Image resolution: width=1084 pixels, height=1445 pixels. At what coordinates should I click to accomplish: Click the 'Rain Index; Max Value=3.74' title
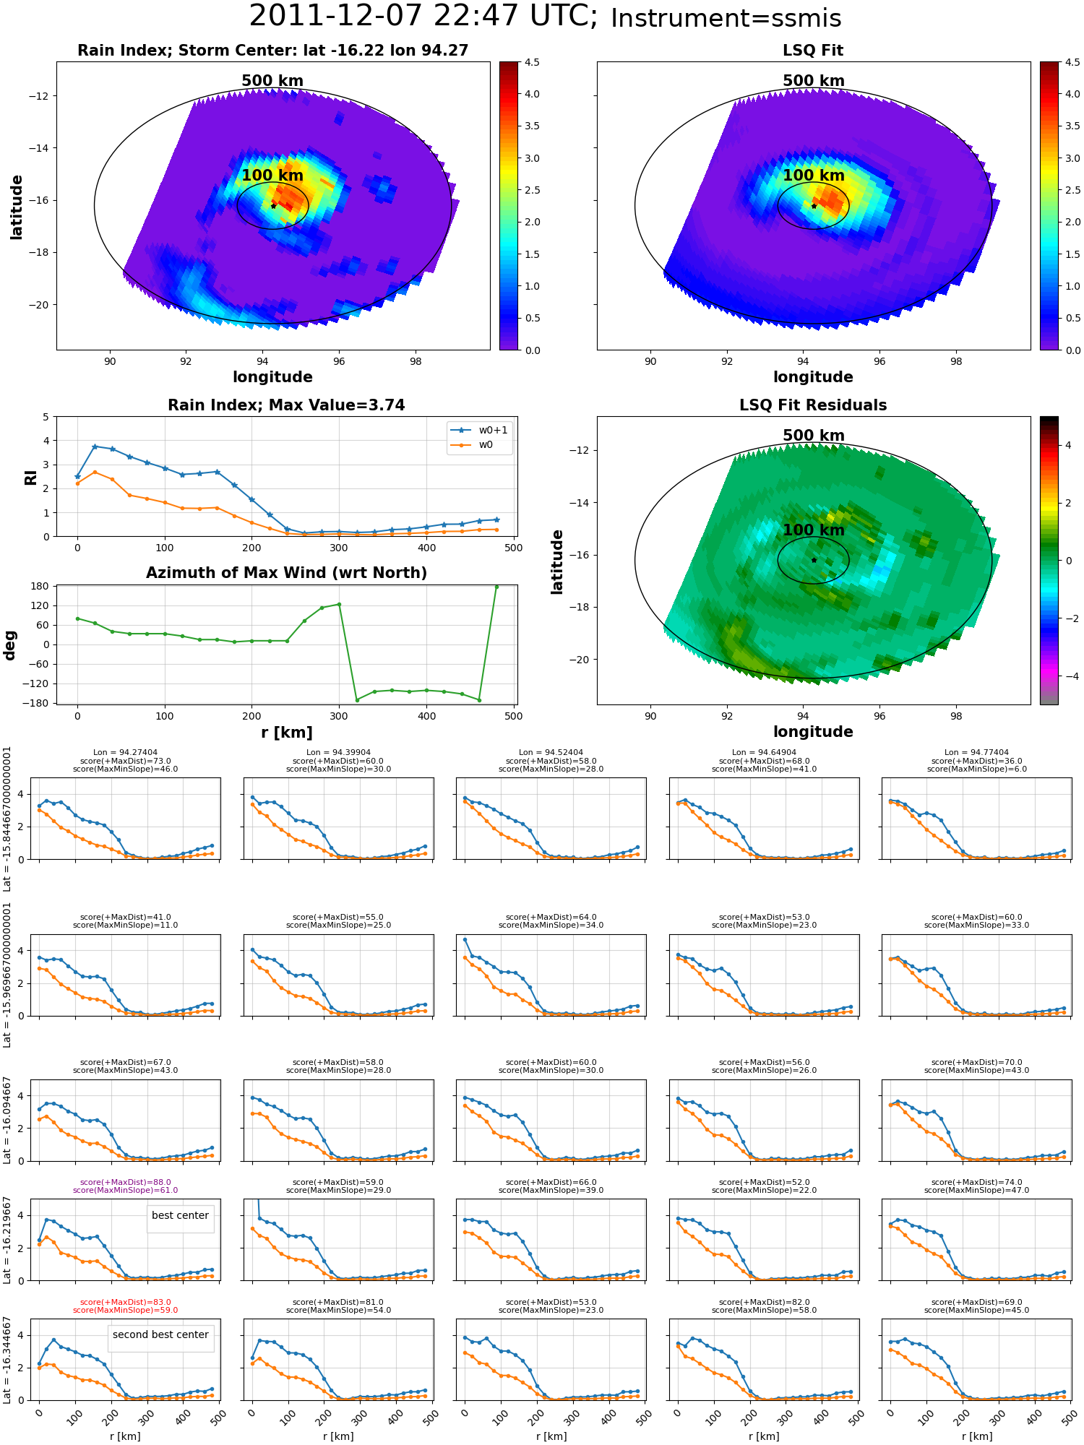point(286,405)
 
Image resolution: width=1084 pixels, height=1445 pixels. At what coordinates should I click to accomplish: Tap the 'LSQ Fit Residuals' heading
point(813,405)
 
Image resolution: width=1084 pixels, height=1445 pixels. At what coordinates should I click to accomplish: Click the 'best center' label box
point(180,1215)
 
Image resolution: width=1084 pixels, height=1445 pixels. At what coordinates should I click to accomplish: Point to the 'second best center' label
point(160,1334)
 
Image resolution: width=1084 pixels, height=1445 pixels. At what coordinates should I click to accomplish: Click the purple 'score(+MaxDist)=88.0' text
point(126,1182)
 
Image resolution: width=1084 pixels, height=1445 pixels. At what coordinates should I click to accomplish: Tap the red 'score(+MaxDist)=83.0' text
point(126,1302)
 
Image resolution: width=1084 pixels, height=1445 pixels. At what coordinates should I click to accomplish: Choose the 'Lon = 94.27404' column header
point(126,752)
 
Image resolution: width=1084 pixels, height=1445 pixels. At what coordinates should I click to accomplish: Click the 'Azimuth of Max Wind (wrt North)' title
point(286,573)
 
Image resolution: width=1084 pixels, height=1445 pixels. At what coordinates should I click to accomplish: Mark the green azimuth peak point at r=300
point(339,604)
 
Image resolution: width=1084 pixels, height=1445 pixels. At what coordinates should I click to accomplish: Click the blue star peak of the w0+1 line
point(95,447)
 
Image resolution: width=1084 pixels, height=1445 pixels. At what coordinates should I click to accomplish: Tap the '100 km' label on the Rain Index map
point(272,176)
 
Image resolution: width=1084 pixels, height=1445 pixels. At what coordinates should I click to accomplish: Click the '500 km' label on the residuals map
point(814,436)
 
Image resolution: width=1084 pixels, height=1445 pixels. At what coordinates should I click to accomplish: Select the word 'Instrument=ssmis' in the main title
point(726,19)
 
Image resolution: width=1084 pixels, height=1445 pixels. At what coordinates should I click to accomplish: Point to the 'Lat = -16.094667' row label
point(7,1121)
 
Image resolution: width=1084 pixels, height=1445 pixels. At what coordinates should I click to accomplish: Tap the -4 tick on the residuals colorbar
point(1068,676)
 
